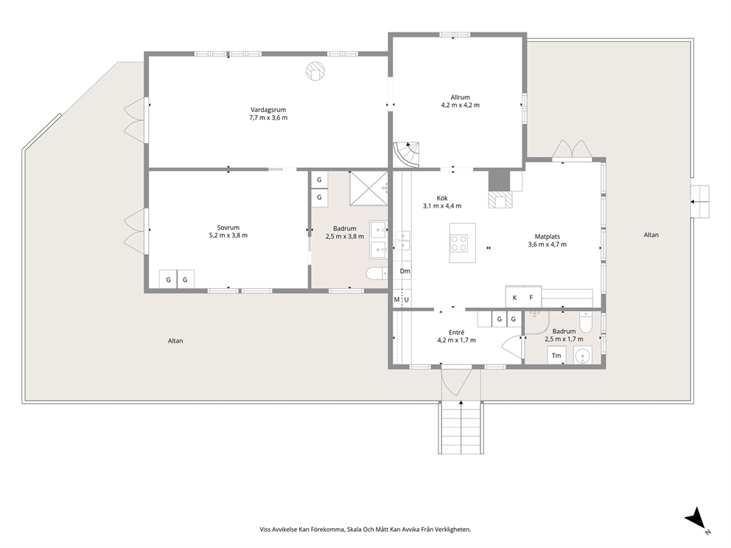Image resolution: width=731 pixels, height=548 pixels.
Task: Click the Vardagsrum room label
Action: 268,110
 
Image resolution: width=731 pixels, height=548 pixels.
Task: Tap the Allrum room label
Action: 460,97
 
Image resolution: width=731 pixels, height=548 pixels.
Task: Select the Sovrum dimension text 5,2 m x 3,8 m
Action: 228,235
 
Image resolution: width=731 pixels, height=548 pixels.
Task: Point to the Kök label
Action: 442,198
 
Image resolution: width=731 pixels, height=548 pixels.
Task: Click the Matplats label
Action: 548,236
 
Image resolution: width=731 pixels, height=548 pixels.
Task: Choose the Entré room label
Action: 456,332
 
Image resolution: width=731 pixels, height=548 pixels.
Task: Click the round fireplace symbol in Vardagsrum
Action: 315,71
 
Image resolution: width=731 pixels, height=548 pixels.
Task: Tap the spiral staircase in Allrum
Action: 407,154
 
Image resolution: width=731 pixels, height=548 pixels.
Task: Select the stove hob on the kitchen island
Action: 459,243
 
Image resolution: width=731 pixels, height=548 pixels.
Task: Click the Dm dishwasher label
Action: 405,271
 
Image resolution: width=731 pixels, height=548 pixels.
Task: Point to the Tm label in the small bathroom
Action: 556,356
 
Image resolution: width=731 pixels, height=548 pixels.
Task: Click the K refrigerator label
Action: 514,298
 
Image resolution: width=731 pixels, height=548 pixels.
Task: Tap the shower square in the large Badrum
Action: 368,189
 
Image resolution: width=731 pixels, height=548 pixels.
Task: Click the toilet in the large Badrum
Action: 377,273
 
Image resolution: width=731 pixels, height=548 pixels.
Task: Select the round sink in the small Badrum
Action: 582,356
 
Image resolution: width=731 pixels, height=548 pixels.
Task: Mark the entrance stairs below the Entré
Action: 461,428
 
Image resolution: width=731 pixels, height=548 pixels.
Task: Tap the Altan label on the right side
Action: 651,235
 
